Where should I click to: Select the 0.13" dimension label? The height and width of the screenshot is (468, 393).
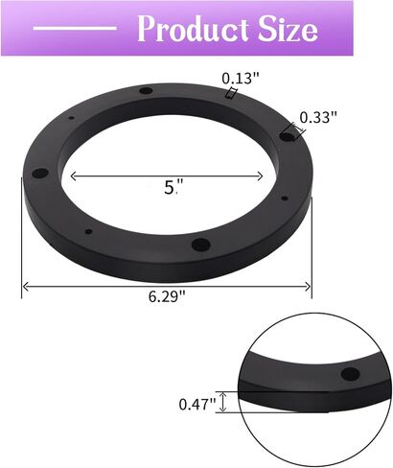click(239, 78)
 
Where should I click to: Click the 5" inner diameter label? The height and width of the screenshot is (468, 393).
click(172, 189)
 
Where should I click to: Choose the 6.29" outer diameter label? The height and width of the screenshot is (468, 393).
click(169, 296)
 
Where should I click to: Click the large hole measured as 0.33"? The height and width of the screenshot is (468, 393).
click(286, 137)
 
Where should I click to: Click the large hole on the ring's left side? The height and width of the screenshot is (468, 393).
click(40, 175)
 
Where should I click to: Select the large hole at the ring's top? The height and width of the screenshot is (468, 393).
click(146, 91)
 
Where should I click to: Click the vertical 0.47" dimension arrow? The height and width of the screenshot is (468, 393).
click(224, 402)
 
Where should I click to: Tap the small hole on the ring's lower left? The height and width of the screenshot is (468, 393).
click(88, 231)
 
